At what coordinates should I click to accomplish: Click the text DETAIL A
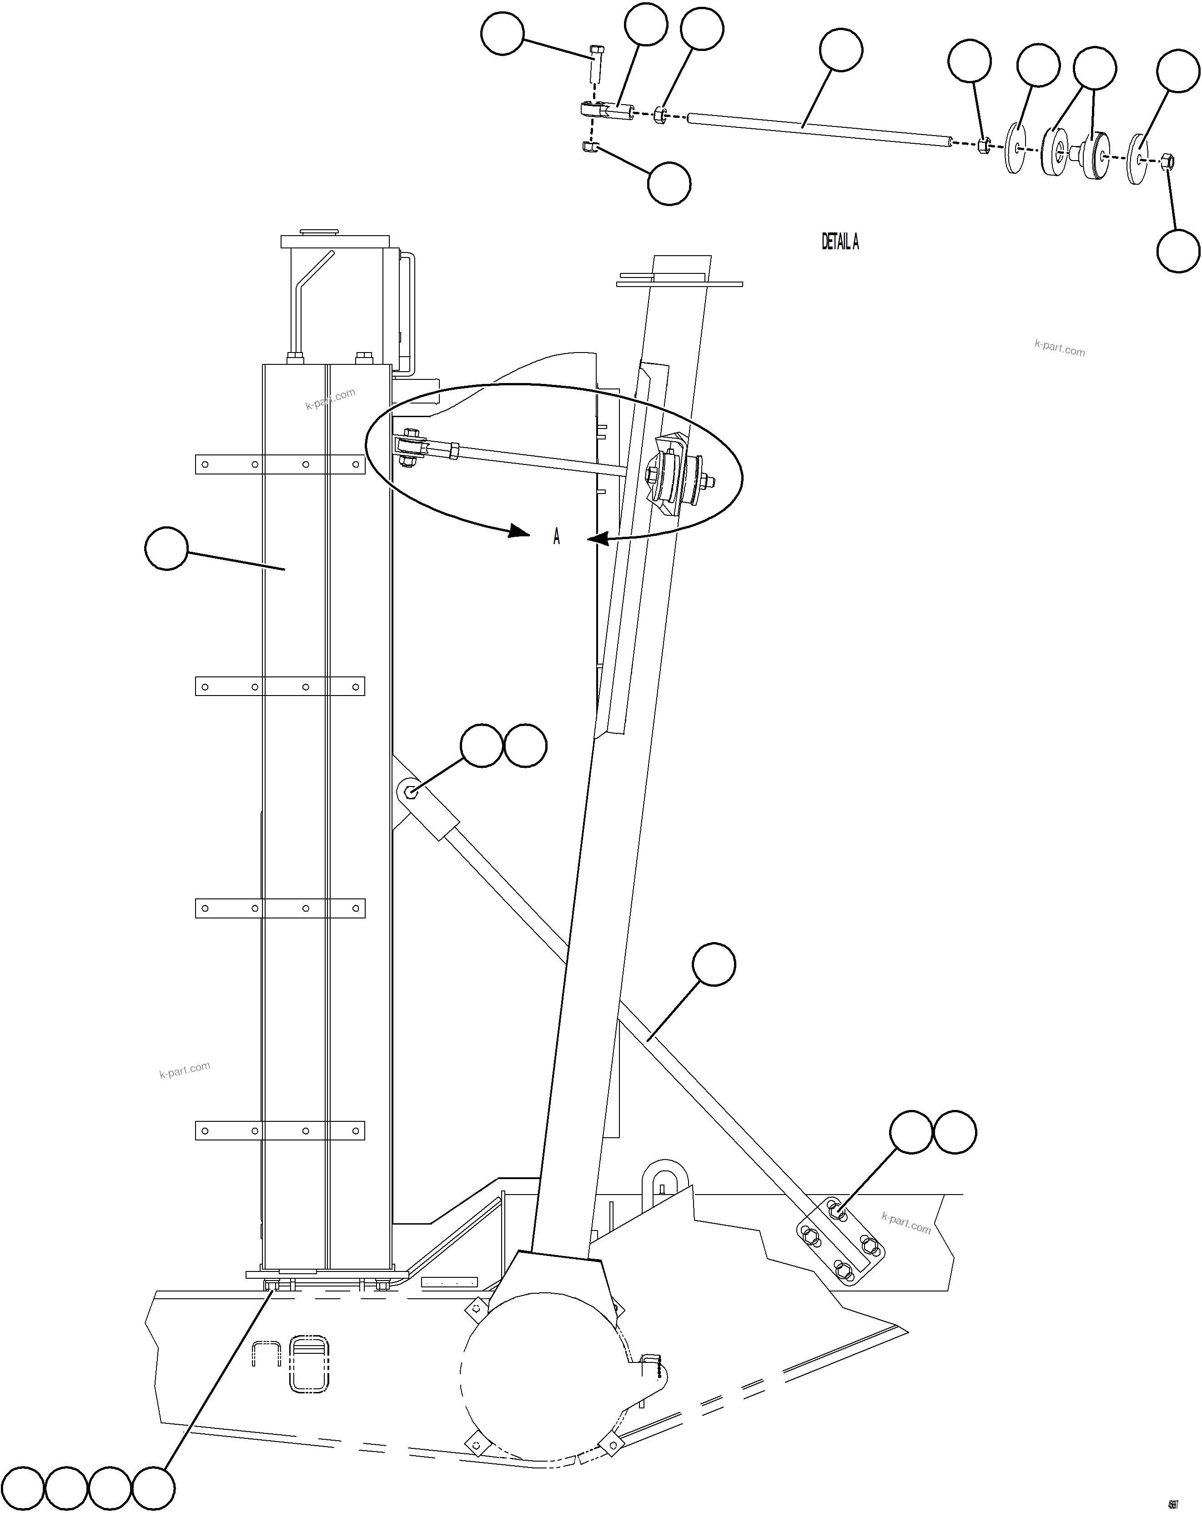pos(840,242)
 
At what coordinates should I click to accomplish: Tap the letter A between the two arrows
pos(557,537)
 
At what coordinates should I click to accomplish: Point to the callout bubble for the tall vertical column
pos(166,548)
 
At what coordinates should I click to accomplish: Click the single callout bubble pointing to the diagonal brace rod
pos(714,965)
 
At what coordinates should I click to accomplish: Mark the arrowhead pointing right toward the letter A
pos(519,531)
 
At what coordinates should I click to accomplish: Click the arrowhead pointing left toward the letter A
pos(597,538)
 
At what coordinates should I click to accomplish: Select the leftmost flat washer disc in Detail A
pos(1014,148)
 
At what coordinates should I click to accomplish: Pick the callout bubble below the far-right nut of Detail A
pos(1178,251)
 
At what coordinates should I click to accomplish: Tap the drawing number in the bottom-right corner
pos(1172,1504)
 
